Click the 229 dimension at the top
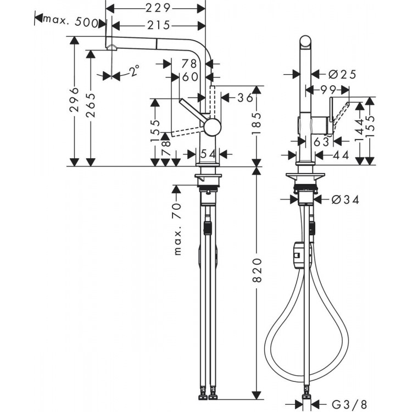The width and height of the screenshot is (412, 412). pos(155,8)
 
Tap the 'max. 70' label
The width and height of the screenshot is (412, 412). pos(177,229)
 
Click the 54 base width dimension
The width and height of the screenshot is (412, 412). pos(208,154)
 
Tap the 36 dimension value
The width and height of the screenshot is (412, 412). pos(246,98)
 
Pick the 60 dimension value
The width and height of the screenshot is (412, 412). pos(190,77)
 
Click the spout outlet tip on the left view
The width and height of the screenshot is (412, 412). pos(112,47)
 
